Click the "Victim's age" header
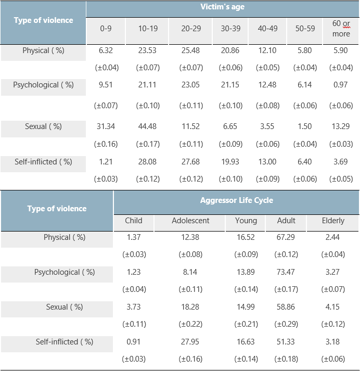coord(222,7)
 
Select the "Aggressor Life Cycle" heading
coord(236,200)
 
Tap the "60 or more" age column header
coord(341,29)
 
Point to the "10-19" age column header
coord(148,29)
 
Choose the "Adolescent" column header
coord(190,221)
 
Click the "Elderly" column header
coord(333,221)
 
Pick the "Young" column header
coord(246,221)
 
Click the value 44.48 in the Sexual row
coord(148,126)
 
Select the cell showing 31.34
coord(106,126)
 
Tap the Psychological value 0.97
coord(341,85)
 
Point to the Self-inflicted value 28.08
coord(148,162)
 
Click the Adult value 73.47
coord(286,272)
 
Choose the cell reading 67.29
coord(286,237)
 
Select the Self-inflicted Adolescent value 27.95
coord(190,342)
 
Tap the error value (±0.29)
coord(286,324)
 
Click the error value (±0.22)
coord(190,324)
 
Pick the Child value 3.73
coord(134,307)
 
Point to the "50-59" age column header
coord(305,29)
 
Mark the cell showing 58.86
coord(286,307)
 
